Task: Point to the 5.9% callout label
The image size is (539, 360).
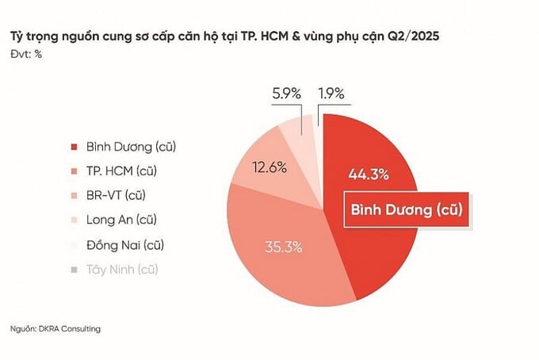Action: tap(285, 94)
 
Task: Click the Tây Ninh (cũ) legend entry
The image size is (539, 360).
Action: tap(123, 269)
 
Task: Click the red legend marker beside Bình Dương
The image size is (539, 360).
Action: tap(74, 147)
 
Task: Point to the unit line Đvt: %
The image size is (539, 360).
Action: tap(26, 54)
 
